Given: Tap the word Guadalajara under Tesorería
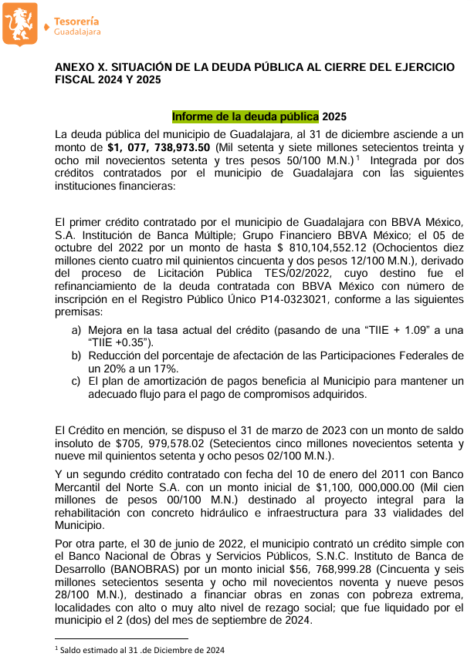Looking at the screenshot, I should click(x=77, y=32).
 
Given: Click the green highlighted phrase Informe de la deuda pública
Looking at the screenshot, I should click(x=245, y=116).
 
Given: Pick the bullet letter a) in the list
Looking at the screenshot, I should click(x=76, y=331).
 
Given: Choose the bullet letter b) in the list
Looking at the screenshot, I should click(x=76, y=356).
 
